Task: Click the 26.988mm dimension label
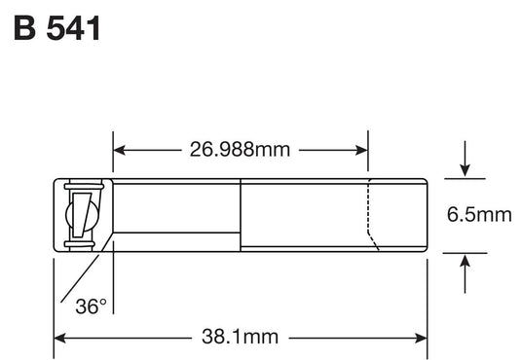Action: coord(240,150)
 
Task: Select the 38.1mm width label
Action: coord(239,338)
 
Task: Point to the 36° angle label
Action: coord(91,306)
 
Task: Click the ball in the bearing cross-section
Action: coord(80,215)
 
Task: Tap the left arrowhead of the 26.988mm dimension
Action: coord(120,150)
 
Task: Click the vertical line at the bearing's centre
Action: coord(241,215)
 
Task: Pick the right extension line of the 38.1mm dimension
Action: coord(428,302)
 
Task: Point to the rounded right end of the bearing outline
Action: coord(427,215)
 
